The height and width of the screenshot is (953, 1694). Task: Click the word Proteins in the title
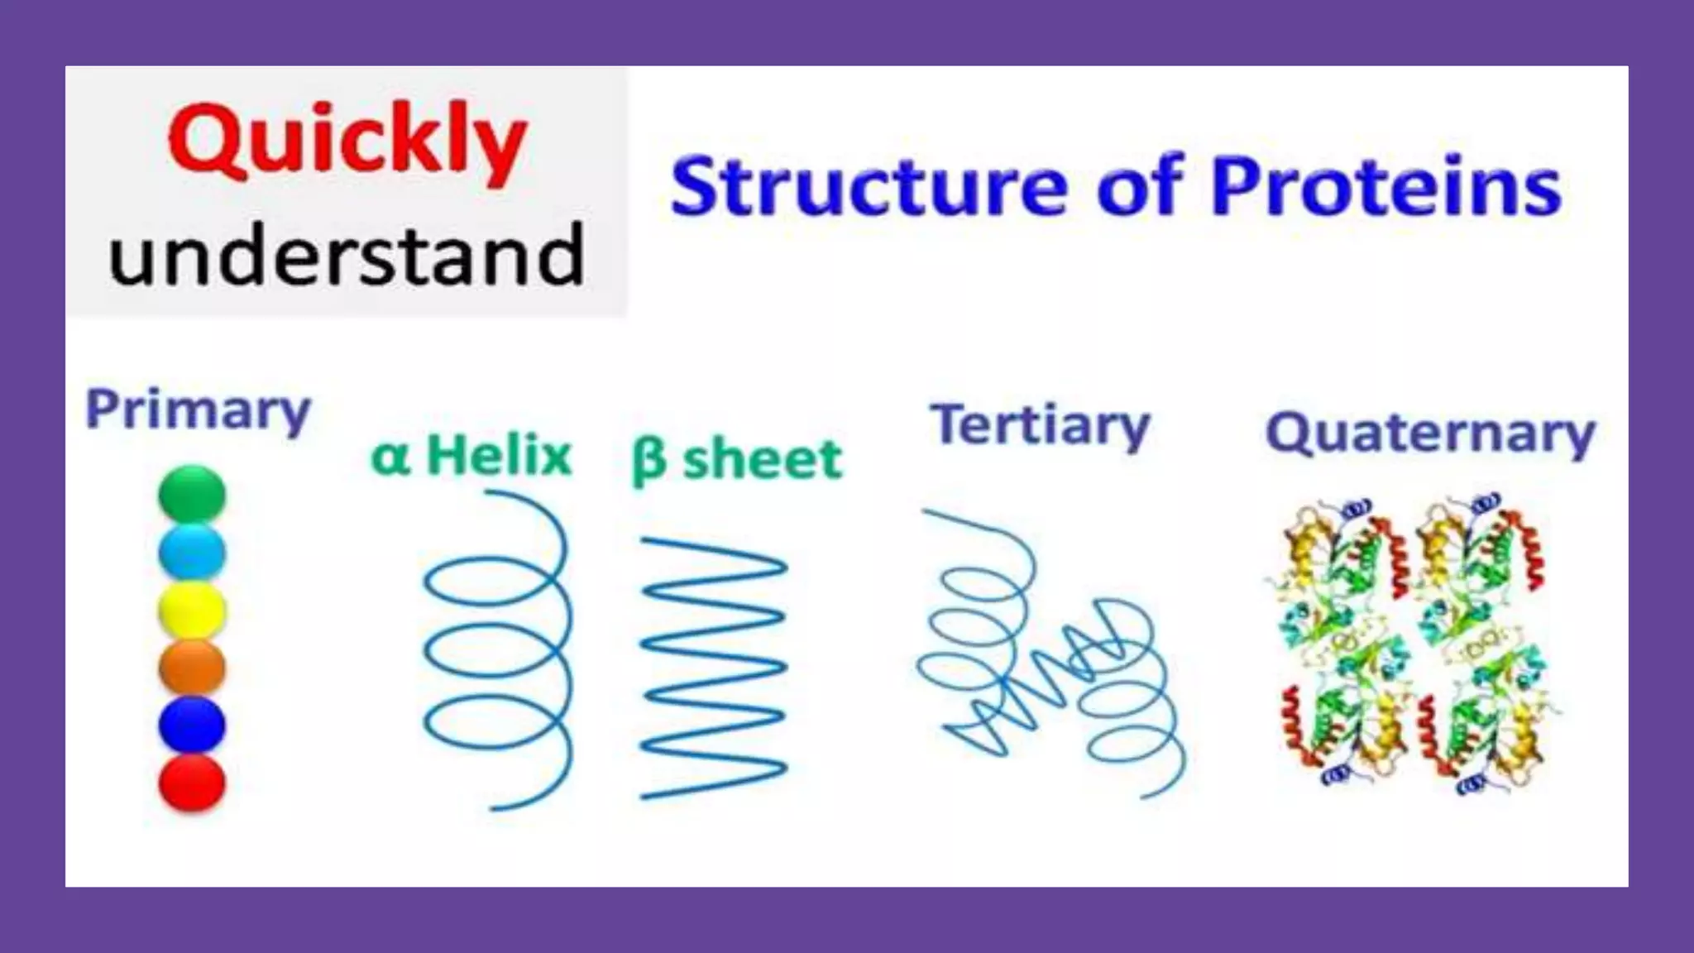(1385, 187)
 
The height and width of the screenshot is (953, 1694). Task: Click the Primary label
(199, 410)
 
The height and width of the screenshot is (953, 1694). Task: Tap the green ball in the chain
(192, 494)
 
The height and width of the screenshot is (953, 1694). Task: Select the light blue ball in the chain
(192, 552)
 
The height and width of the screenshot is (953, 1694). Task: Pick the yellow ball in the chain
(192, 611)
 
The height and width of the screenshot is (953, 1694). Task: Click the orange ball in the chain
(192, 667)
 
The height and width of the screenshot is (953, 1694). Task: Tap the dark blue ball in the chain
(192, 725)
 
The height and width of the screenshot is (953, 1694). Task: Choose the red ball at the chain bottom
(192, 782)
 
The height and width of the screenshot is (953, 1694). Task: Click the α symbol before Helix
(390, 457)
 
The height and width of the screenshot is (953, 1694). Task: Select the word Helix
(499, 455)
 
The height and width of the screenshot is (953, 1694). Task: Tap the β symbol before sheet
(648, 462)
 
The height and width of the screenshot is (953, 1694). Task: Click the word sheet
(762, 459)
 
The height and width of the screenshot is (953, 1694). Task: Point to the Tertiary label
(1040, 425)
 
